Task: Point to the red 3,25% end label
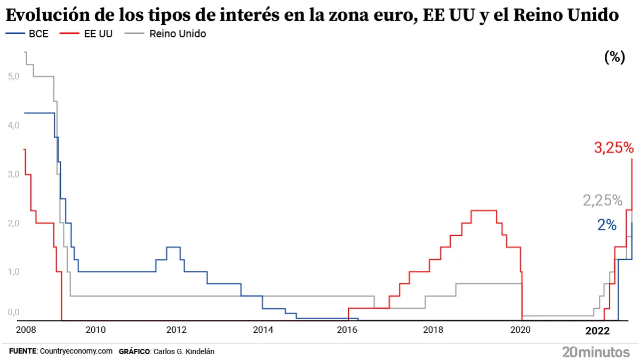coord(613,148)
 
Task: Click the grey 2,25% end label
coord(603,201)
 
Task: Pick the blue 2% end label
coord(607,225)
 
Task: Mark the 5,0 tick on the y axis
coord(14,76)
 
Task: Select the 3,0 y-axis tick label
coord(14,174)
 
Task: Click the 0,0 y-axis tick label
coord(14,313)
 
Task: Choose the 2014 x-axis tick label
coord(263,330)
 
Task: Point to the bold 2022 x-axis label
coord(597,331)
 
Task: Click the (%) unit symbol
coord(614,58)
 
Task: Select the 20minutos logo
coord(596,352)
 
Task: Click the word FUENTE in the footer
coord(22,351)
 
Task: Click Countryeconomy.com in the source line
coord(76,351)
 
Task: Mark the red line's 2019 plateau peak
coord(484,211)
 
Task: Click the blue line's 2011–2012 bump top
coord(173,247)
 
